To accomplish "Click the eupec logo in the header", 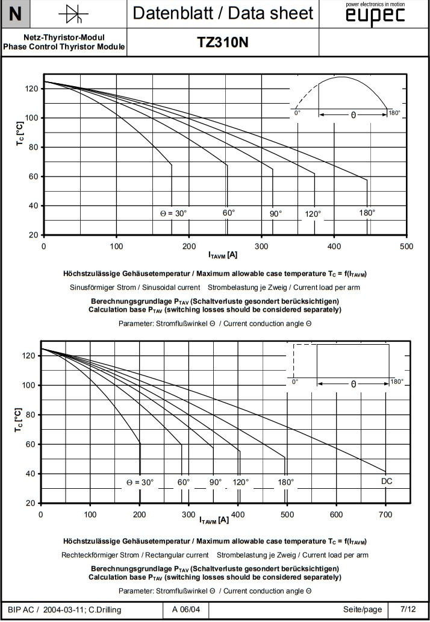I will [375, 17].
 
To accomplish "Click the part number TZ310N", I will [223, 43].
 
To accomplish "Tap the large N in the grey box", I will [16, 13].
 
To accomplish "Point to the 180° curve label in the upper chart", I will [367, 213].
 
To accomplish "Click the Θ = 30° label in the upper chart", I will [174, 213].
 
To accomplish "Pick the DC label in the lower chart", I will [387, 481].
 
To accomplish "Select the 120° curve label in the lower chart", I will [240, 482].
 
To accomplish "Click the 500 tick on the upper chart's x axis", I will [407, 246].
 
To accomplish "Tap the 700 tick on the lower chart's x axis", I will [385, 514].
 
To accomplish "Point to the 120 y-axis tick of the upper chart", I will [32, 89].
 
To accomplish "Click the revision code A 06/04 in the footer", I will [185, 609].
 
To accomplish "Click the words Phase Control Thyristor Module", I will [64, 46].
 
